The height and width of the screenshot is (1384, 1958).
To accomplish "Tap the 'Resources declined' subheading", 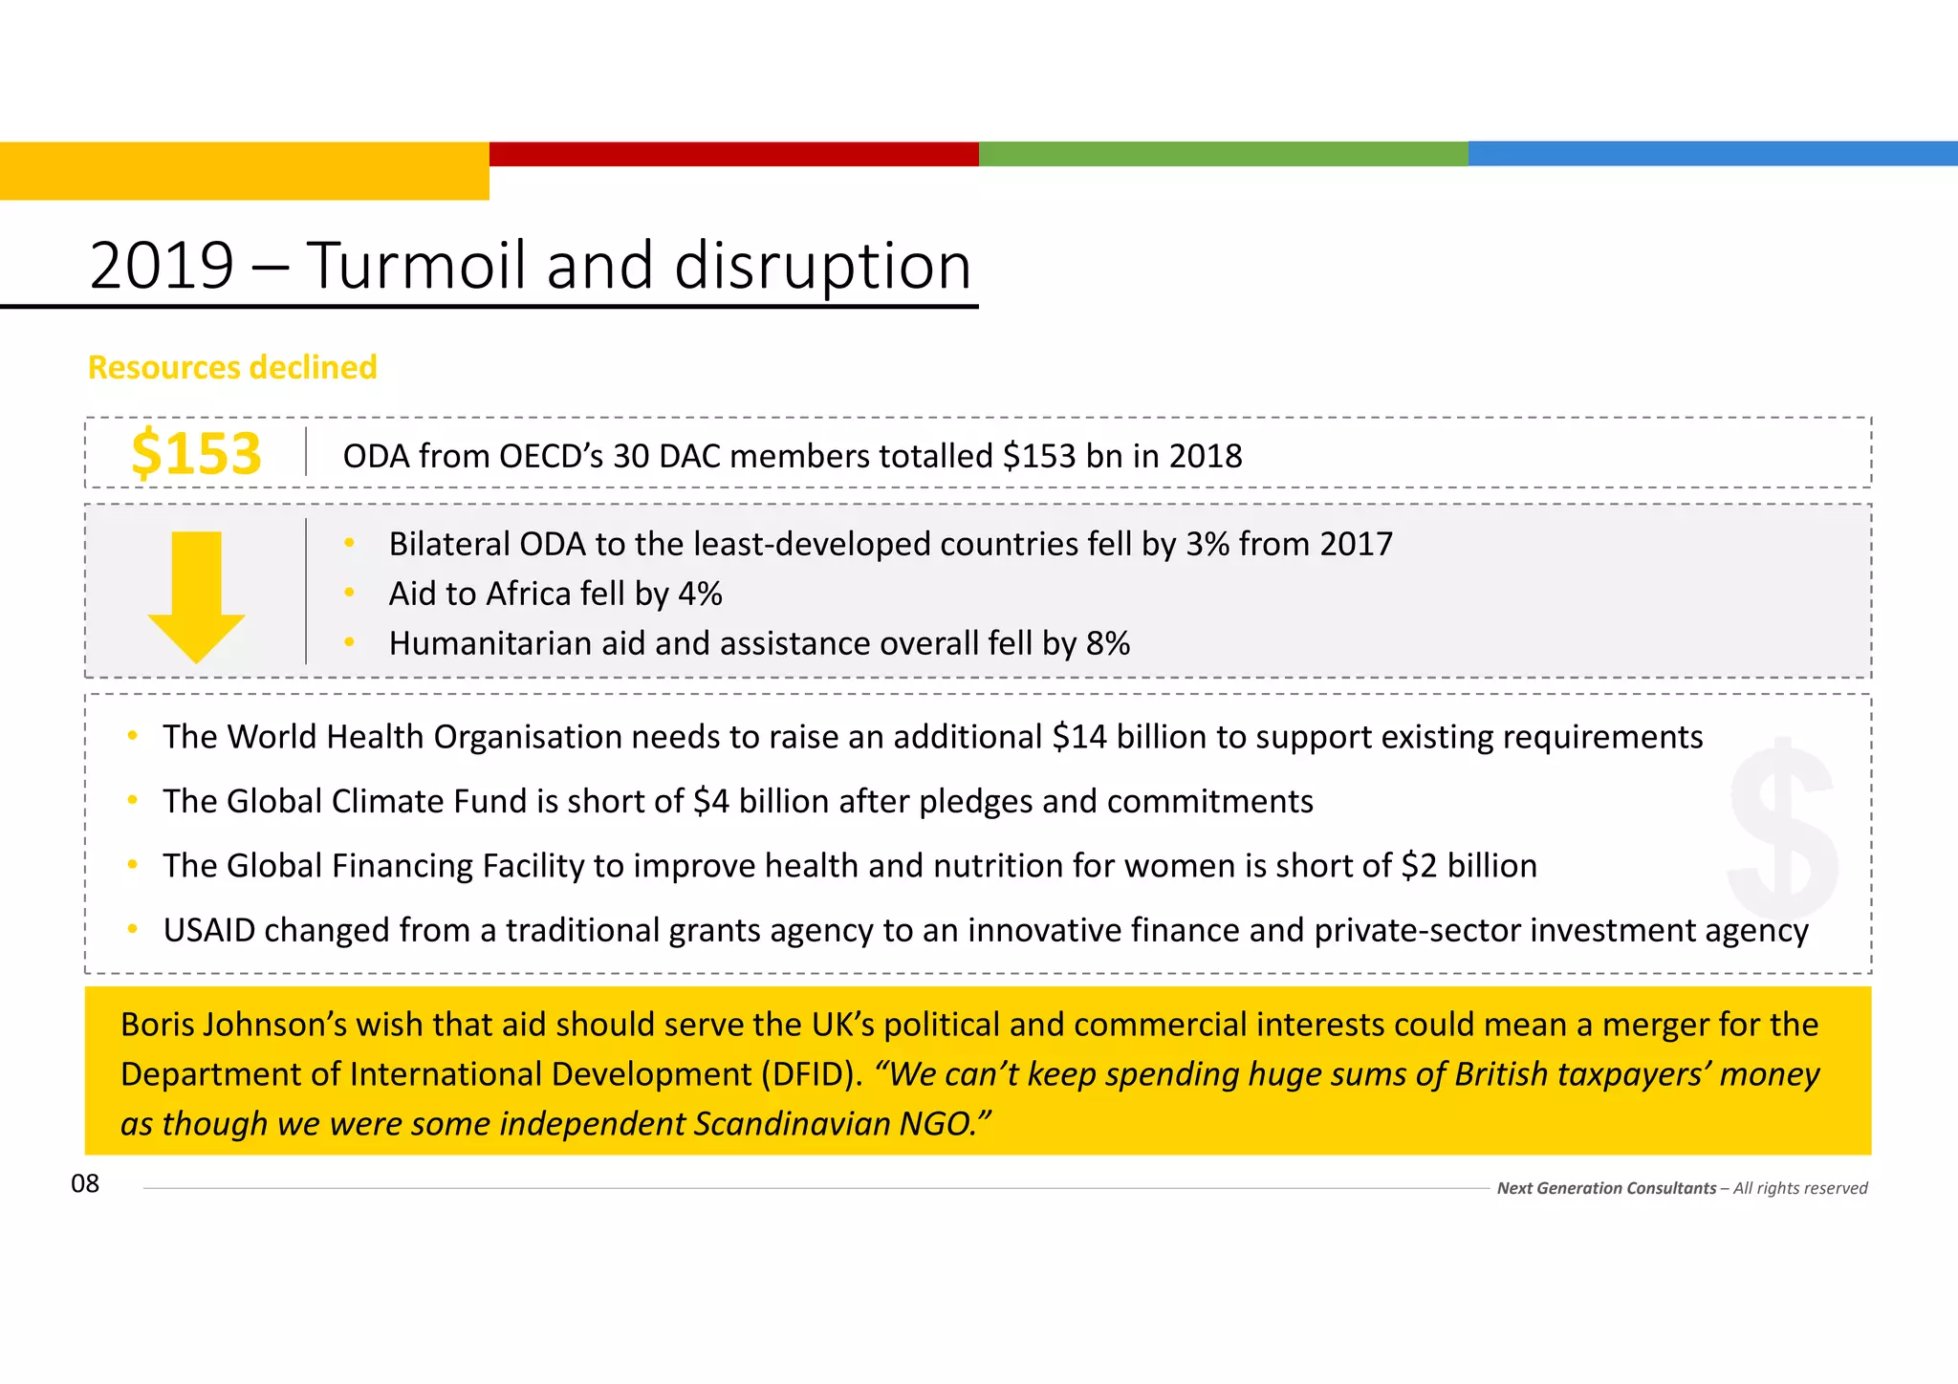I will (232, 367).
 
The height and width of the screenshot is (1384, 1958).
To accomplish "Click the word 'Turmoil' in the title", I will (416, 266).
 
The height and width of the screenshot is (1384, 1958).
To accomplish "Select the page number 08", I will (85, 1184).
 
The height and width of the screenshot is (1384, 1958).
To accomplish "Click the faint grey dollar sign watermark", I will (1782, 828).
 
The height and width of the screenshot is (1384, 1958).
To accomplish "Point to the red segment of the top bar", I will (734, 154).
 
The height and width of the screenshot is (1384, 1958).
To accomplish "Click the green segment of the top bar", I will (1224, 154).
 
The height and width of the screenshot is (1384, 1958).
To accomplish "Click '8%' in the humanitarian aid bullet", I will (1107, 644).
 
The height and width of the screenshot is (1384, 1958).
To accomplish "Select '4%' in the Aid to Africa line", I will (700, 595).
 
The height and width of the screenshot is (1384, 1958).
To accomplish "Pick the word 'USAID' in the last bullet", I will (209, 930).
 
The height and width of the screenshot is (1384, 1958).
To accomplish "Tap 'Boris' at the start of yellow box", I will (156, 1025).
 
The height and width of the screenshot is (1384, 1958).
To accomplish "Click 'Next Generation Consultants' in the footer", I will (1606, 1188).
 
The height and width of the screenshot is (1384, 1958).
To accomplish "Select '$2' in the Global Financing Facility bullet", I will (1419, 866).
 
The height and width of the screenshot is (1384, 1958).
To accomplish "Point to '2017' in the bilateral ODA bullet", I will (1355, 545).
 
